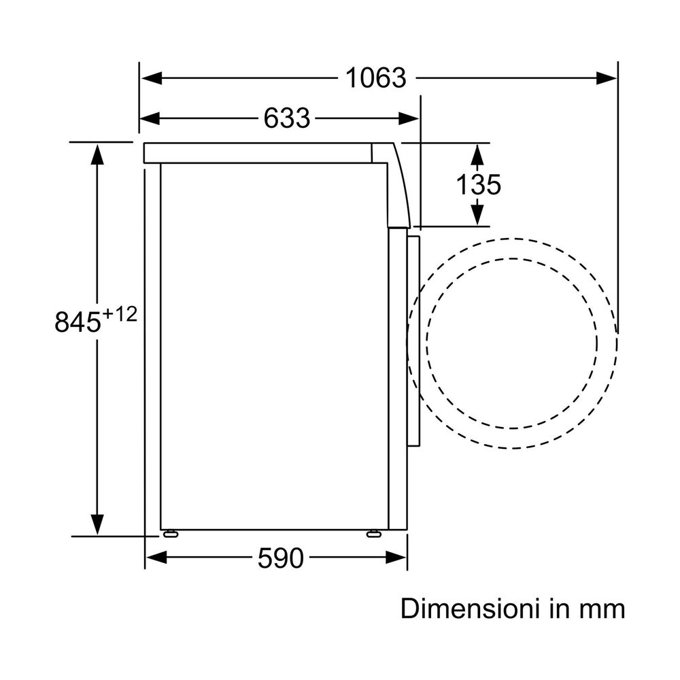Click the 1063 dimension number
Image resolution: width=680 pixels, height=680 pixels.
click(376, 78)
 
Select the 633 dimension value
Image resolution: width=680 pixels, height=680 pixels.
click(287, 118)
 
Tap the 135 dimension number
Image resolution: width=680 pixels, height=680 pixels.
click(478, 184)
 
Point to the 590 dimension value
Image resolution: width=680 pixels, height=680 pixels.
click(281, 558)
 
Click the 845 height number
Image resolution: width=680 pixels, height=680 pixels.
click(78, 322)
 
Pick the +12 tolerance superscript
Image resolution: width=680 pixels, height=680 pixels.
click(120, 314)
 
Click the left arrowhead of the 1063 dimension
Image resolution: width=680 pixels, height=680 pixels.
click(152, 78)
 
